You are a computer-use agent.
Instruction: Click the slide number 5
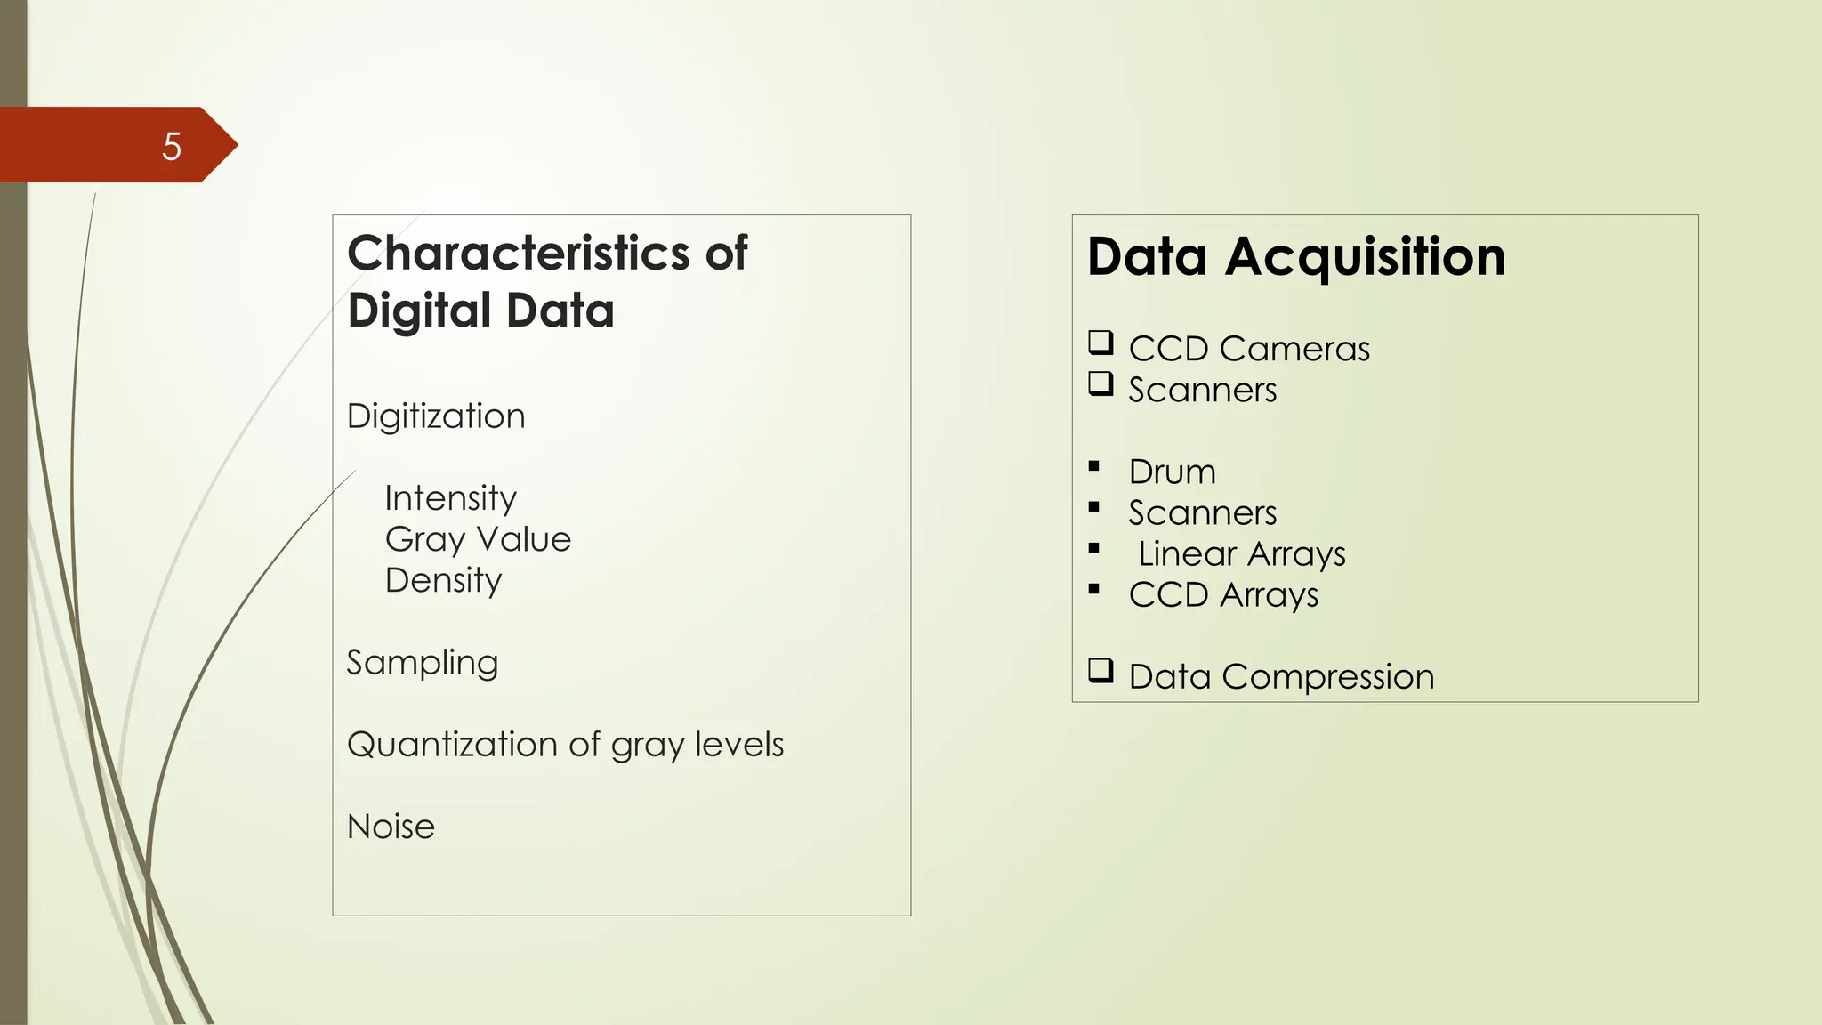tap(172, 146)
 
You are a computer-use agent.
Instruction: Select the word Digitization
tap(436, 416)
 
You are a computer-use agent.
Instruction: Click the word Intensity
tap(450, 498)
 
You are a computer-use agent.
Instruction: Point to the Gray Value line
tap(478, 539)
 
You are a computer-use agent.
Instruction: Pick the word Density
tap(443, 580)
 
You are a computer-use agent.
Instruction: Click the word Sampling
tap(422, 663)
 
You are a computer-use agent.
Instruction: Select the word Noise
tap(391, 827)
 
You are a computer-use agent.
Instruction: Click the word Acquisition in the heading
tap(1365, 257)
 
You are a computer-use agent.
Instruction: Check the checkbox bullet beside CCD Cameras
tap(1100, 343)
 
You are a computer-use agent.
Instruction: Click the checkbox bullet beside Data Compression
tap(1100, 670)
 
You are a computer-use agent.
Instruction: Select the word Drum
tap(1172, 472)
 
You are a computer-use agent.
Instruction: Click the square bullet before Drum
tap(1094, 466)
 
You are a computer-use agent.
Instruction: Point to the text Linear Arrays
tap(1241, 553)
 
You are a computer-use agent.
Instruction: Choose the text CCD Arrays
tap(1223, 594)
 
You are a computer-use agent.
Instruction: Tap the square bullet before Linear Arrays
tap(1094, 548)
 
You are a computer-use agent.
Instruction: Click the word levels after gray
tap(739, 745)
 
